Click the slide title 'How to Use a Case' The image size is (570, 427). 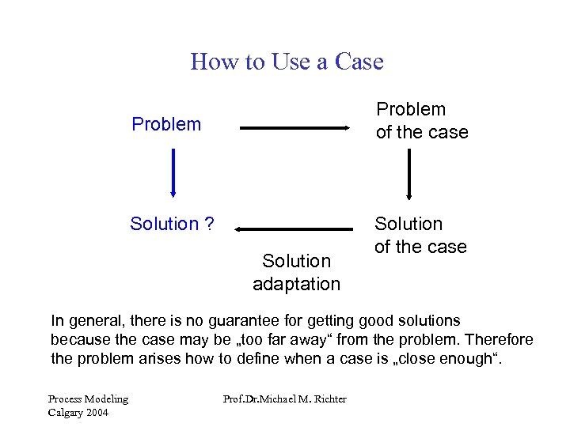287,62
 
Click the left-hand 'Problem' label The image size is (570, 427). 166,124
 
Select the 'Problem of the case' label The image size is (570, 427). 422,120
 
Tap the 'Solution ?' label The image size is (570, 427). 172,224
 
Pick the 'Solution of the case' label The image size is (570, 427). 420,236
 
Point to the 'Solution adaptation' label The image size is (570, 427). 296,272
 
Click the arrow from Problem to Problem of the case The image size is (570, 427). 295,127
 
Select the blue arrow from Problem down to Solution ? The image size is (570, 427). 173,173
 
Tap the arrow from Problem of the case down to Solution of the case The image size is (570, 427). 409,174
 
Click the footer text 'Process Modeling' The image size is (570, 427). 88,399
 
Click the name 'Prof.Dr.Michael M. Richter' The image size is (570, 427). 285,399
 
